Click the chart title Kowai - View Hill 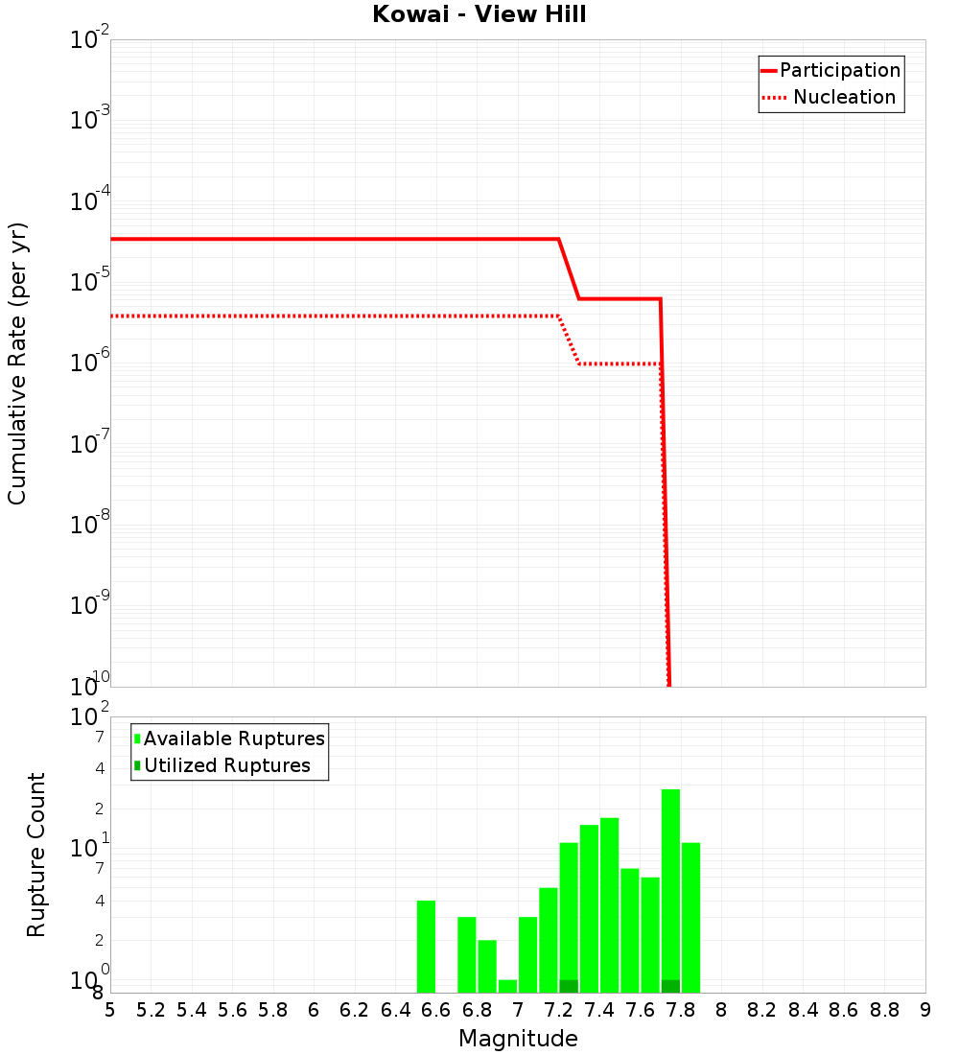coord(479,15)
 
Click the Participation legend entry coord(830,70)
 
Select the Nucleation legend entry coord(830,97)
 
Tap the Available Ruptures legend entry coord(230,738)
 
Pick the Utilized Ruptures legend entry coord(222,765)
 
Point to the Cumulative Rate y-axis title coord(17,363)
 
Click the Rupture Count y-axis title coord(36,855)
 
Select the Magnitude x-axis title coord(518,1039)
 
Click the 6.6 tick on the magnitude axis coord(436,1010)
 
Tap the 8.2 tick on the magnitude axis coord(762,1010)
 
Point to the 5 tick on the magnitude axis coord(110,1010)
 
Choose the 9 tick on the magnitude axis coord(925,1010)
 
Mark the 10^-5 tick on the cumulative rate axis coord(90,282)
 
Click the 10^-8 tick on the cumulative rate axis coord(90,525)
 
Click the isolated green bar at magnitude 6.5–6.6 coord(426,946)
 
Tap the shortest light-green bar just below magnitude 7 coord(507,986)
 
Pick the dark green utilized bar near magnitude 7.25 coord(569,986)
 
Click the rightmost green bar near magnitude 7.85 coord(690,917)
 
